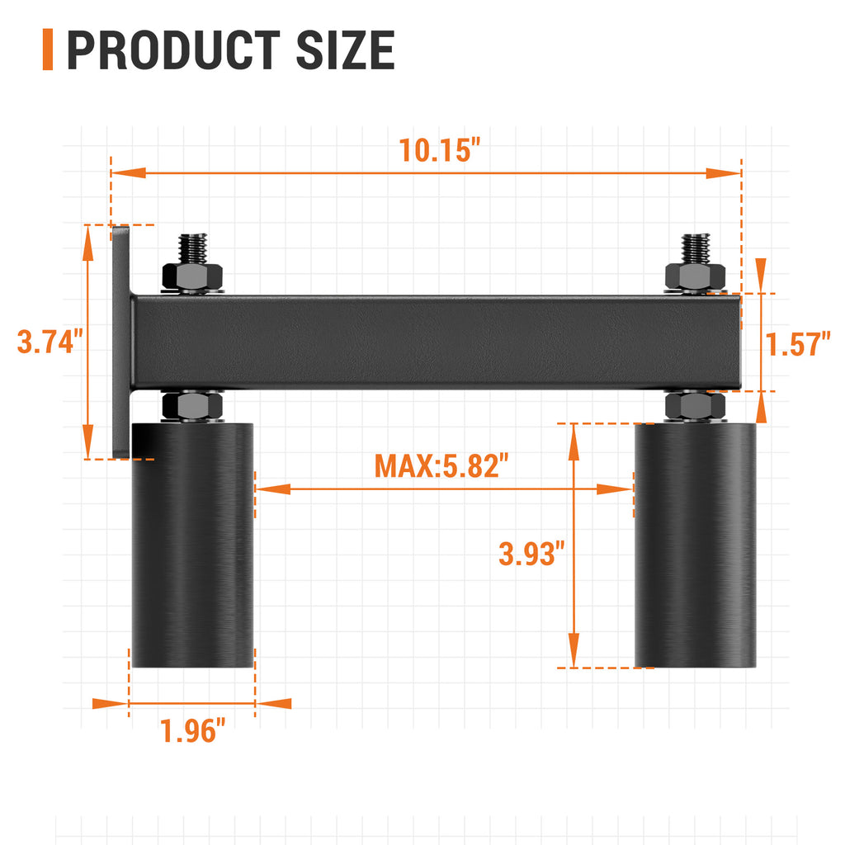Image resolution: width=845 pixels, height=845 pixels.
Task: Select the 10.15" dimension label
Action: (x=440, y=150)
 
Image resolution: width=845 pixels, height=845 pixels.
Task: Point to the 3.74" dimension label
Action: (x=50, y=341)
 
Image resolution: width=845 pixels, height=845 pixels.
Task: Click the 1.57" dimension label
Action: (x=797, y=343)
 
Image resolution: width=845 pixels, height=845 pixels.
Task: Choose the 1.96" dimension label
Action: (x=193, y=730)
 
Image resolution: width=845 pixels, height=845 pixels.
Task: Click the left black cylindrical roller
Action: (x=193, y=545)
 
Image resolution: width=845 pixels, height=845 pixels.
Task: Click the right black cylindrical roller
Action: (x=695, y=545)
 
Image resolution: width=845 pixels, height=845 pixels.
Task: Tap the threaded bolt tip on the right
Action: (x=695, y=248)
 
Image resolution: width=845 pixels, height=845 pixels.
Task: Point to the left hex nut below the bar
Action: (x=193, y=405)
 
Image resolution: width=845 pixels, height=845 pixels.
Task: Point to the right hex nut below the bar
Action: (x=695, y=405)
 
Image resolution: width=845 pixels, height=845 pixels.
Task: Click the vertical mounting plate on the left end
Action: (x=120, y=341)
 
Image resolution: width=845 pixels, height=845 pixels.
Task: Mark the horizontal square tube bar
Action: (x=437, y=342)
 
